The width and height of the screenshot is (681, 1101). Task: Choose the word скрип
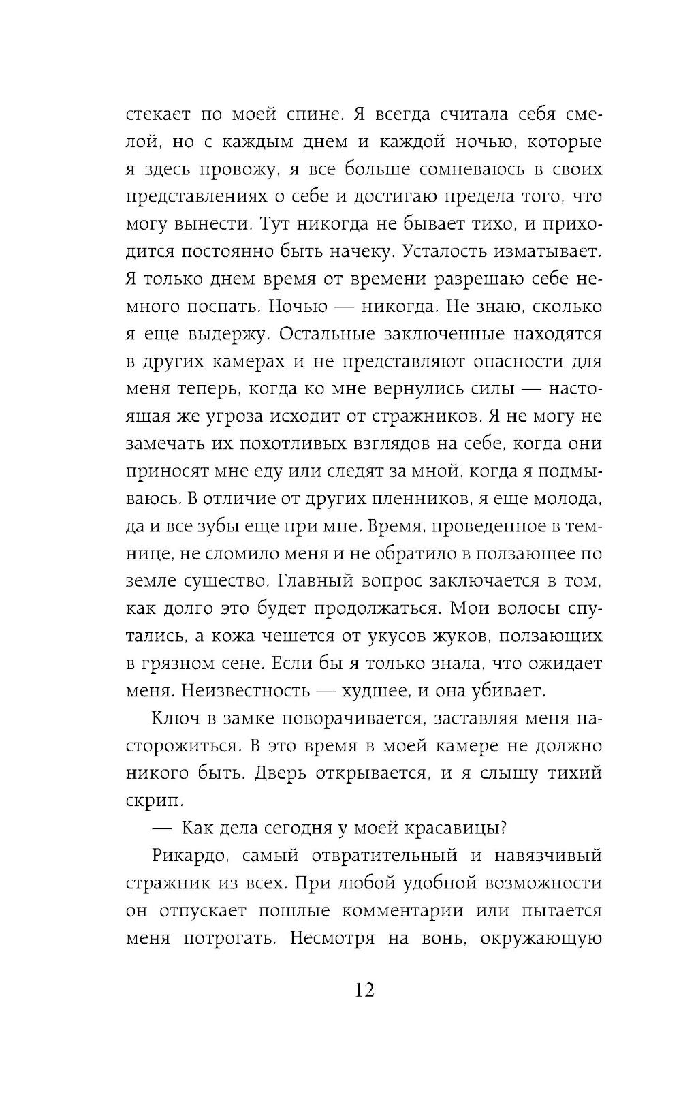pyautogui.click(x=148, y=801)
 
